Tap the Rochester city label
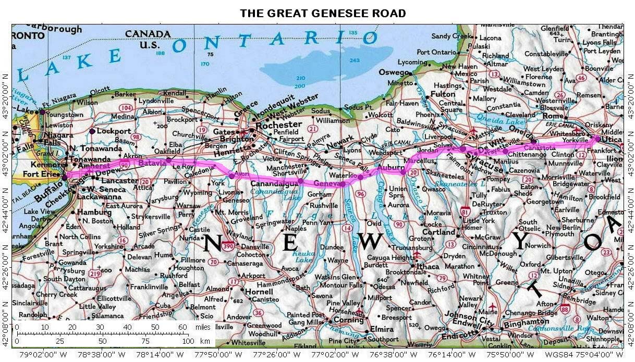pyautogui.click(x=279, y=124)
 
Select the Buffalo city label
pyautogui.click(x=51, y=191)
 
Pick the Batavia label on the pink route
pyautogui.click(x=152, y=163)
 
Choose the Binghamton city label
pyautogui.click(x=527, y=323)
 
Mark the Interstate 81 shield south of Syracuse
pyautogui.click(x=465, y=211)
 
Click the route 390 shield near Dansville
pyautogui.click(x=227, y=246)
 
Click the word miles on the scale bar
pyautogui.click(x=204, y=327)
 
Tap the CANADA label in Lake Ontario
pyautogui.click(x=148, y=34)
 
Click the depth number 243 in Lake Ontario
pyautogui.click(x=355, y=61)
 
